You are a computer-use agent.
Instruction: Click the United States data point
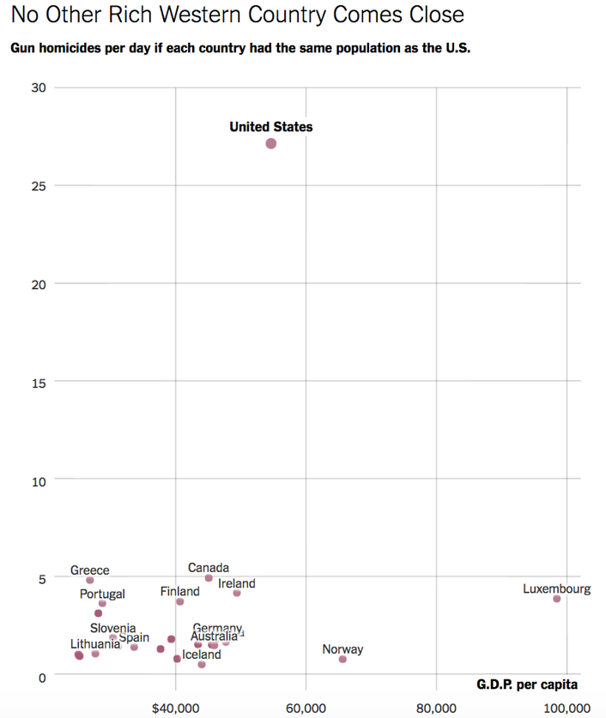271,143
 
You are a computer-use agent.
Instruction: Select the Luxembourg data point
557,599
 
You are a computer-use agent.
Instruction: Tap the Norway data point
342,659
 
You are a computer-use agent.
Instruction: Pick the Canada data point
209,578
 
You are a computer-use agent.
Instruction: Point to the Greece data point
90,581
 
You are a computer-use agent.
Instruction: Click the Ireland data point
237,594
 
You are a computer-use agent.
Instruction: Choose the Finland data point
180,601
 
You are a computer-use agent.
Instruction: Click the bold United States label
271,127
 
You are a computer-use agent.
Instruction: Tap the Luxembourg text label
557,588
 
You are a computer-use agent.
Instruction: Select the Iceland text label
202,655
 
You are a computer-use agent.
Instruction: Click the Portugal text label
102,594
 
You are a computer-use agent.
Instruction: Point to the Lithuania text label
95,643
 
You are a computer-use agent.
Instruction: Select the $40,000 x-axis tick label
175,708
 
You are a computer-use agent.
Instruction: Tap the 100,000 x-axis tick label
567,708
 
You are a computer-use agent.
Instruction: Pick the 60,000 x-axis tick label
306,708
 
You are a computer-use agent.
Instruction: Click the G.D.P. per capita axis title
527,685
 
